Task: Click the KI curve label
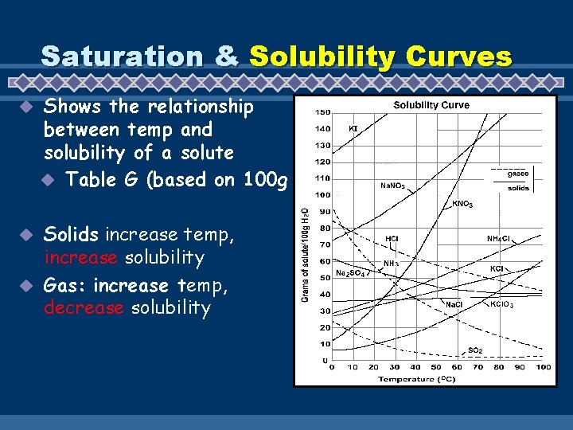pos(353,127)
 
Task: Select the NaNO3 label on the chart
pos(392,186)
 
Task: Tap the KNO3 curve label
pos(462,204)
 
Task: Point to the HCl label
pos(392,238)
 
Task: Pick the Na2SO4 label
pos(351,273)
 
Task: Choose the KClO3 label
pos(502,303)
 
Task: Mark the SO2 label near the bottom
pos(474,350)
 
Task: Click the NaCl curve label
pos(454,303)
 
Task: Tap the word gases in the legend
pos(518,174)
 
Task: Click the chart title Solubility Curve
pos(431,104)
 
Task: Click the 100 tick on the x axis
pos(542,367)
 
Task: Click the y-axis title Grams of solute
pos(306,255)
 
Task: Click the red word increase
pos(80,258)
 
